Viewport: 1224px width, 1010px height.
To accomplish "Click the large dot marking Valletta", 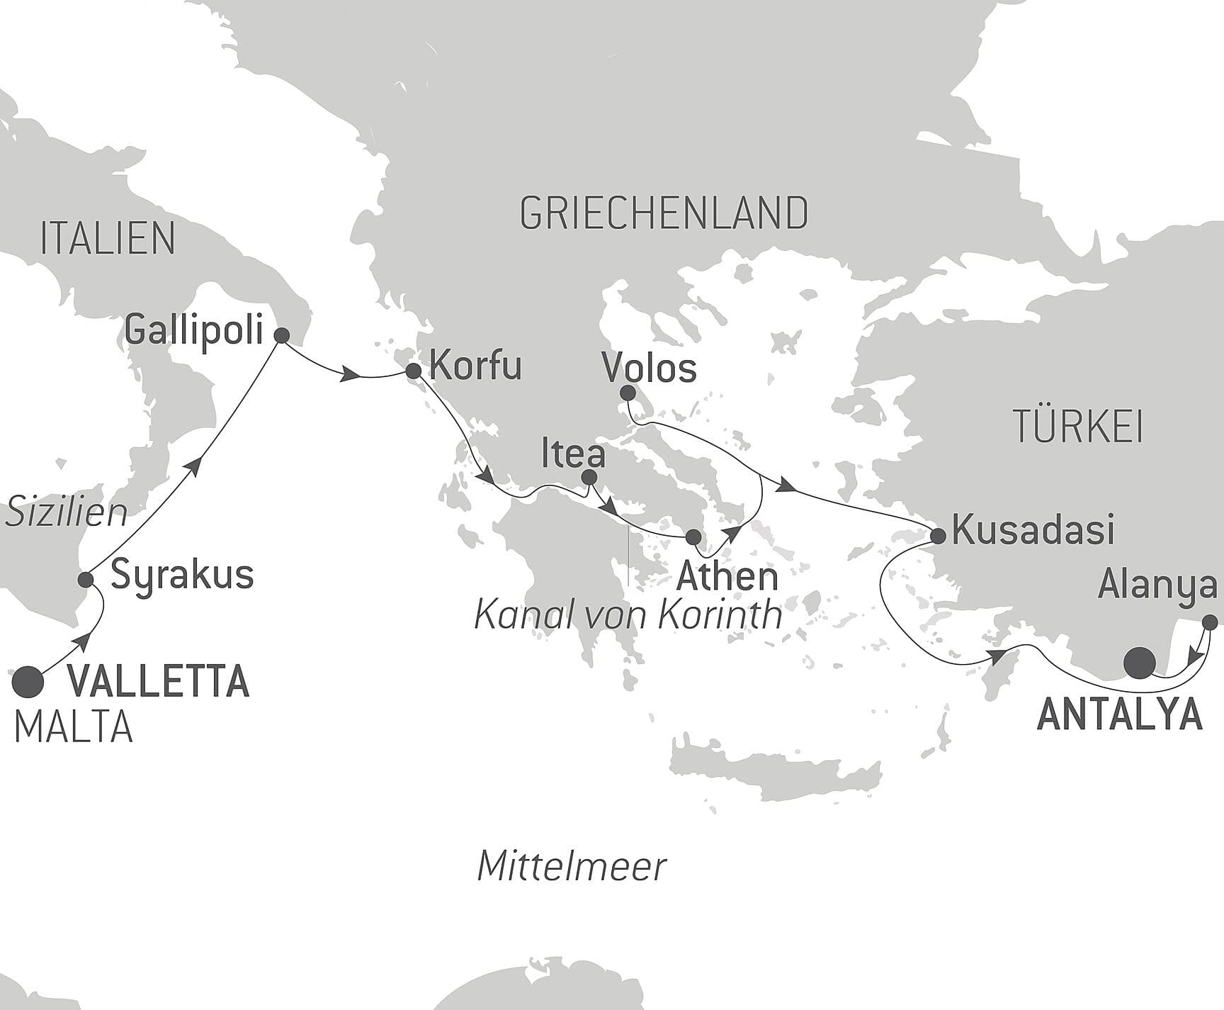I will pyautogui.click(x=28, y=682).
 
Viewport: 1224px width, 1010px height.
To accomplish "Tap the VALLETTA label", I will pyautogui.click(x=158, y=682).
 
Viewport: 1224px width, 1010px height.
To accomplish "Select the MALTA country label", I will pyautogui.click(x=74, y=727).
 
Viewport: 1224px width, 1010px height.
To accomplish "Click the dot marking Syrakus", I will pyautogui.click(x=86, y=580).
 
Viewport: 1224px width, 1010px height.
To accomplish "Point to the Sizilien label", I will pyautogui.click(x=66, y=512).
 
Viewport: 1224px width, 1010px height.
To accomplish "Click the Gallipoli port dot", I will pyautogui.click(x=281, y=336).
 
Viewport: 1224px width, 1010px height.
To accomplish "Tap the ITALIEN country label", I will pyautogui.click(x=108, y=239).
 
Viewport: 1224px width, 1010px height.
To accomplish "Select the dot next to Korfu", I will pyautogui.click(x=414, y=371).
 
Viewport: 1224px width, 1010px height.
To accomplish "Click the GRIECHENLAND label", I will pyautogui.click(x=664, y=213).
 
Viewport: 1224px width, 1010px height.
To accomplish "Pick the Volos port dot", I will pyautogui.click(x=627, y=393).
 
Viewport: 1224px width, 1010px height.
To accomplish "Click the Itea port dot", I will pyautogui.click(x=588, y=478).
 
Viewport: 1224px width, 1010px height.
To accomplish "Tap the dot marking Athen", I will pyautogui.click(x=693, y=537).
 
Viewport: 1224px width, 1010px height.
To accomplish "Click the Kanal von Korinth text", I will pyautogui.click(x=628, y=615).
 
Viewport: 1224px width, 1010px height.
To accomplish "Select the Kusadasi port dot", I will pyautogui.click(x=938, y=535).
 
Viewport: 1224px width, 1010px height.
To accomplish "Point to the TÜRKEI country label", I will pyautogui.click(x=1077, y=427).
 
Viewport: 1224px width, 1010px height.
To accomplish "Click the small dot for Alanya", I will pyautogui.click(x=1210, y=623).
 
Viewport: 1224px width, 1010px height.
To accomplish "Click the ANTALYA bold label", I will pyautogui.click(x=1119, y=714).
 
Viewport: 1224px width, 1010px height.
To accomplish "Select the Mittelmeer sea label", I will pyautogui.click(x=572, y=866).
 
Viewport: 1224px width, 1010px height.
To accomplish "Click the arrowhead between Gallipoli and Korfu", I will pyautogui.click(x=348, y=376).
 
